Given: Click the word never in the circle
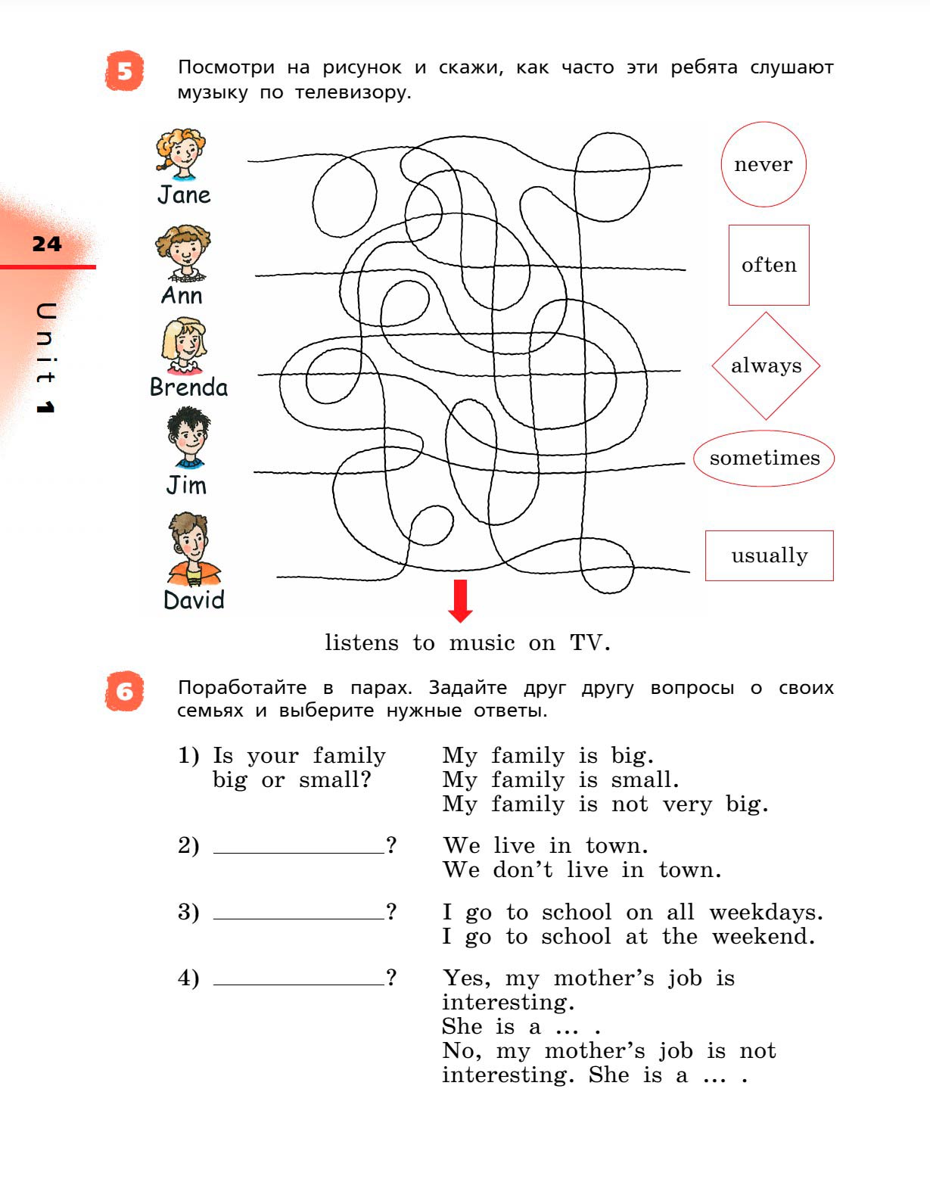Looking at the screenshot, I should pyautogui.click(x=763, y=164).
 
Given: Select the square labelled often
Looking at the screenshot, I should pyautogui.click(x=769, y=265).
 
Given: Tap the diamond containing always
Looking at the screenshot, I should pyautogui.click(x=766, y=366).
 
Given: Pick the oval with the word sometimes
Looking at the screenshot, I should pyautogui.click(x=764, y=458).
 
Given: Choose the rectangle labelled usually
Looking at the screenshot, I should pyautogui.click(x=769, y=555).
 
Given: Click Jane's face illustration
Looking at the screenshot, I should pyautogui.click(x=182, y=154).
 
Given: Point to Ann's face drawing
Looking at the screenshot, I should pyautogui.click(x=183, y=252).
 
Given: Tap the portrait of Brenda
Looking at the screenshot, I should pyautogui.click(x=184, y=345).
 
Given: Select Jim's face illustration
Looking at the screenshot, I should pyautogui.click(x=188, y=438).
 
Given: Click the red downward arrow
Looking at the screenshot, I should pyautogui.click(x=460, y=600).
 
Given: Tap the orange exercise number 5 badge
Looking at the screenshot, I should pyautogui.click(x=124, y=72).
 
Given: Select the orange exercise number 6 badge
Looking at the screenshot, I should pyautogui.click(x=124, y=691).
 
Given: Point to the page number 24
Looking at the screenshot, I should pyautogui.click(x=47, y=244).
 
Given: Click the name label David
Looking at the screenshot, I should pyautogui.click(x=194, y=600).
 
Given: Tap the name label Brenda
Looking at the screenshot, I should pyautogui.click(x=188, y=387).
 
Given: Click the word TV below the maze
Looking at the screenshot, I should pyautogui.click(x=588, y=642).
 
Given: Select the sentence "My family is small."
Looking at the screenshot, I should pyautogui.click(x=561, y=779).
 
